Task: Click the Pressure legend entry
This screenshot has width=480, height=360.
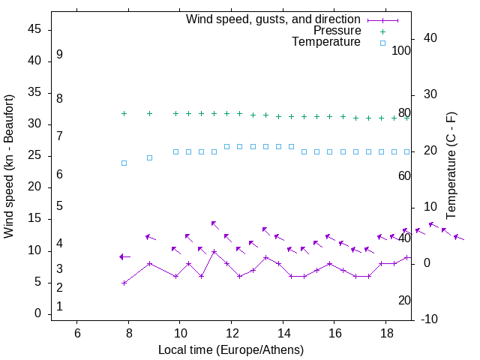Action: pyautogui.click(x=337, y=31)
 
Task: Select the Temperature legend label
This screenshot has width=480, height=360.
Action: pyautogui.click(x=326, y=42)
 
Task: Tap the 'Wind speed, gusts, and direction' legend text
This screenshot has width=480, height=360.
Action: pyautogui.click(x=274, y=19)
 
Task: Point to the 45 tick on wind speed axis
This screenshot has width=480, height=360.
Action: pyautogui.click(x=34, y=29)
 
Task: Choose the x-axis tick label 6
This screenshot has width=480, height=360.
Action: pyautogui.click(x=77, y=334)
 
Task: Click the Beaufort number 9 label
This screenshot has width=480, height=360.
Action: pyautogui.click(x=59, y=55)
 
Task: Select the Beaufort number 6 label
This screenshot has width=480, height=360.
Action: pyautogui.click(x=59, y=175)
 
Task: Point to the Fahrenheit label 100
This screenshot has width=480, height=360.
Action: pyautogui.click(x=401, y=51)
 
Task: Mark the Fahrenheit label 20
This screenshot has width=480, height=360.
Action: pyautogui.click(x=404, y=301)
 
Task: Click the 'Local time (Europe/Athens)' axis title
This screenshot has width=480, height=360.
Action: pyautogui.click(x=231, y=349)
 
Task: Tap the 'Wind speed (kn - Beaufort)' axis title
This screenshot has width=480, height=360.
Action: pyautogui.click(x=10, y=166)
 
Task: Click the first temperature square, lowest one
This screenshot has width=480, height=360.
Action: pyautogui.click(x=124, y=163)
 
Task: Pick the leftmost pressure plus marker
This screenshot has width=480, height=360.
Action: pyautogui.click(x=124, y=114)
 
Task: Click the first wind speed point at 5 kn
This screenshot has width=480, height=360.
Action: pyautogui.click(x=124, y=283)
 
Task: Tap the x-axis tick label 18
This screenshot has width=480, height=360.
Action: pyautogui.click(x=385, y=334)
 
